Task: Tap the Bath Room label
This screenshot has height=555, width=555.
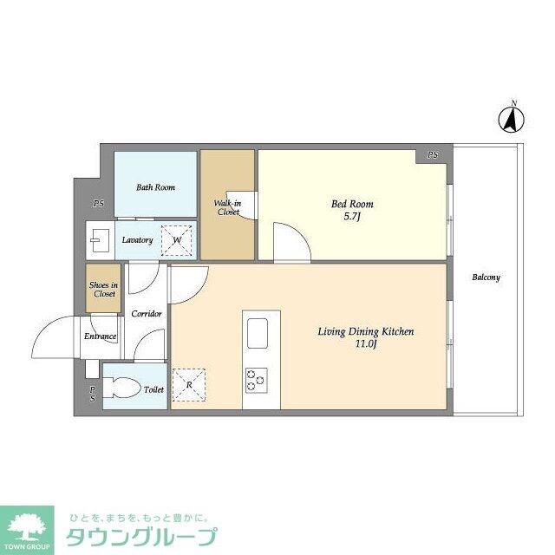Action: tap(155, 187)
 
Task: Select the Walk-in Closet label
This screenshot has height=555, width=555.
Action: tap(228, 207)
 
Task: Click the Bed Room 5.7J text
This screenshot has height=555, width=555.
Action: tap(352, 210)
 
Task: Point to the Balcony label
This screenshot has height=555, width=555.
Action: tap(486, 277)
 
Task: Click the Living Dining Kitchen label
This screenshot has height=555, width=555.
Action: tap(365, 336)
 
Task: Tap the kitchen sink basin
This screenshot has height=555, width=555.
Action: tap(258, 333)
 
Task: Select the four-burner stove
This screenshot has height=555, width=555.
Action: tap(257, 379)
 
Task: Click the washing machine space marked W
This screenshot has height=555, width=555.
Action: tap(178, 240)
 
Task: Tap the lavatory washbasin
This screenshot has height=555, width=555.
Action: tap(96, 239)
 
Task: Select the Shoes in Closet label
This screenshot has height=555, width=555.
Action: tap(104, 290)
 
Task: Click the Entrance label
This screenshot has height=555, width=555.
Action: tap(100, 336)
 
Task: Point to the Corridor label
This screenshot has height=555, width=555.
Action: tap(146, 313)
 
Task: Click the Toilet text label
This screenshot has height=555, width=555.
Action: tap(153, 390)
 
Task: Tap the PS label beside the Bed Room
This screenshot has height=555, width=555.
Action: tap(432, 155)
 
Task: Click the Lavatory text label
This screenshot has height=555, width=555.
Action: tap(138, 240)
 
